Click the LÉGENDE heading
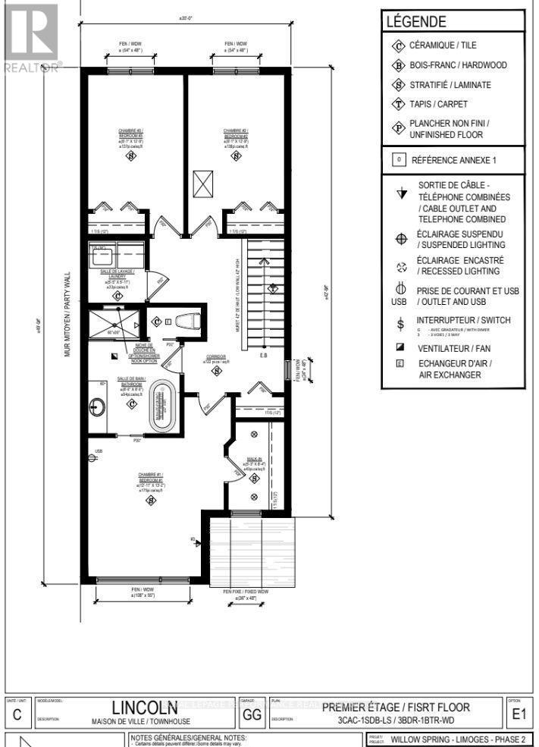tap(415, 23)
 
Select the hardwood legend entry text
tap(458, 66)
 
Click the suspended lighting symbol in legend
tap(401, 239)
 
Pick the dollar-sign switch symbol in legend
tap(401, 325)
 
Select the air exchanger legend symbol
tap(400, 363)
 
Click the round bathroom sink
tap(99, 410)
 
